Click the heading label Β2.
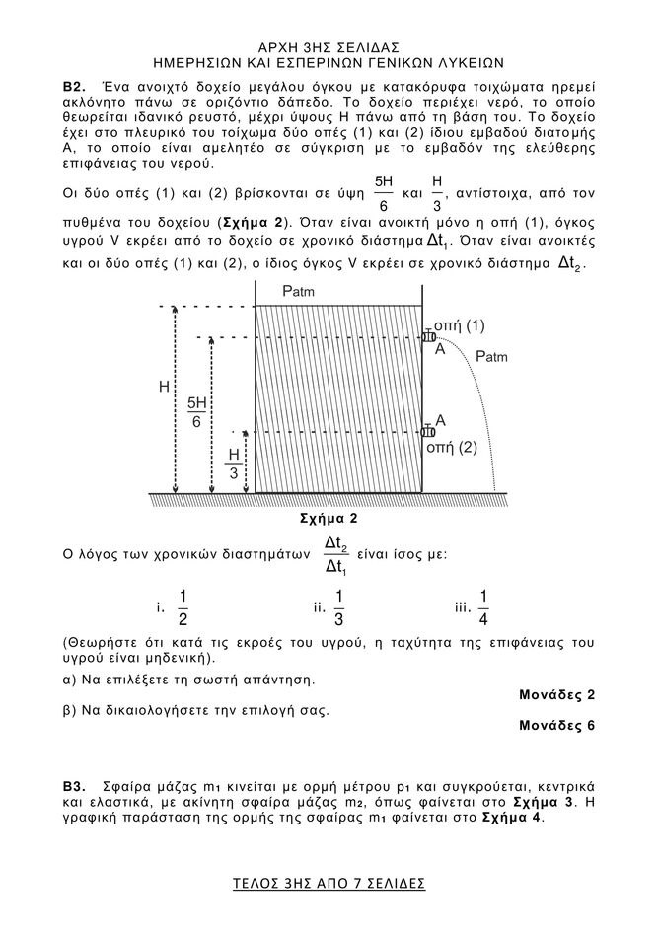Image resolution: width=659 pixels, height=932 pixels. (x=74, y=90)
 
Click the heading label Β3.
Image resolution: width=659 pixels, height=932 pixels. (x=74, y=788)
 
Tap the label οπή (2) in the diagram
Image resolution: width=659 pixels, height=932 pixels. (x=451, y=447)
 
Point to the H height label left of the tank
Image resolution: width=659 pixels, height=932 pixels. (x=164, y=388)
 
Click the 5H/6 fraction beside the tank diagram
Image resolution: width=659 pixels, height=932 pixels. (x=197, y=412)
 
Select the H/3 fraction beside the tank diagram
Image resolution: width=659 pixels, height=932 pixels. (x=234, y=465)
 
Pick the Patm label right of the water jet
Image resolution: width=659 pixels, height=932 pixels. (x=491, y=356)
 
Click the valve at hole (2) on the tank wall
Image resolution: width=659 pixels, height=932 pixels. (x=428, y=431)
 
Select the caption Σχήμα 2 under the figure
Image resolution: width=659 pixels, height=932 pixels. (x=328, y=518)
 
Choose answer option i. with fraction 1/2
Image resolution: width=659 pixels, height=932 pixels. (x=174, y=607)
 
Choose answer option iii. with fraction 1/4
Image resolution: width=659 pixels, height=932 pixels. (x=475, y=607)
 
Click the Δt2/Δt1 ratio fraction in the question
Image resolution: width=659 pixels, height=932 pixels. (x=336, y=555)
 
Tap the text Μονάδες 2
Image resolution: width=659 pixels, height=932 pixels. (x=556, y=694)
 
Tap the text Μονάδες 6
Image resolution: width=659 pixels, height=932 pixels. (x=556, y=725)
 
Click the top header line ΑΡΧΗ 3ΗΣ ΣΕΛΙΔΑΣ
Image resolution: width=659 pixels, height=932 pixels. (x=329, y=46)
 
